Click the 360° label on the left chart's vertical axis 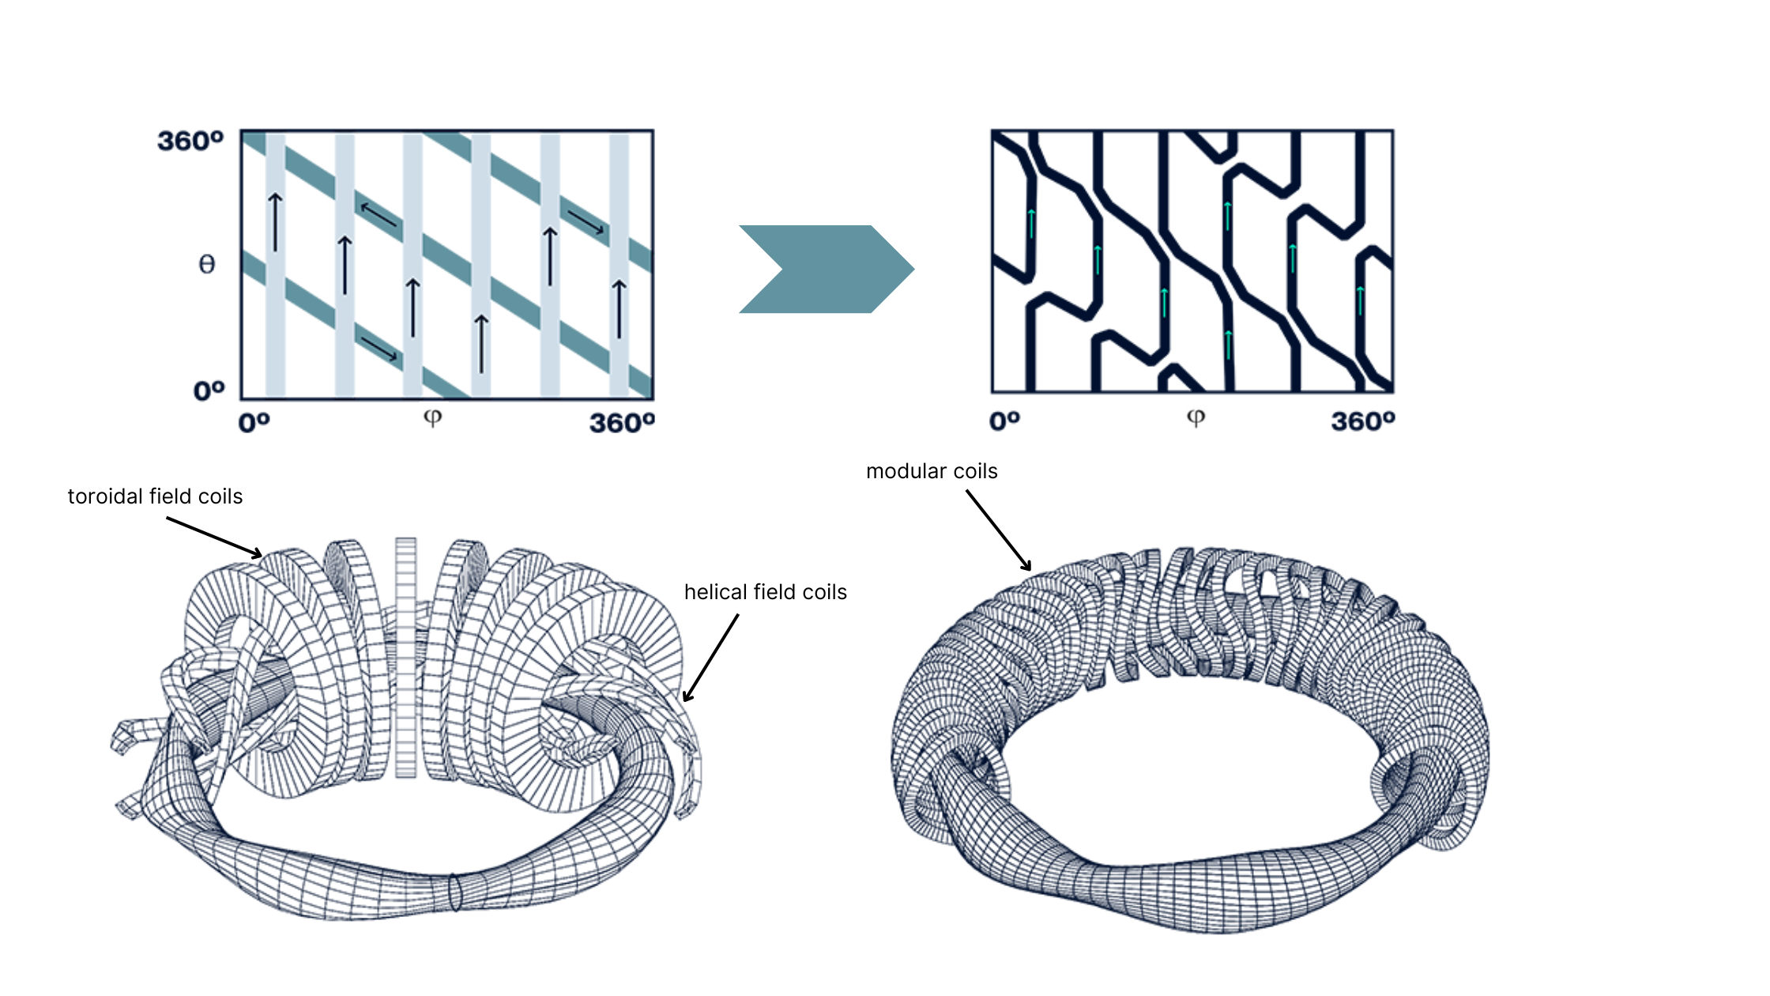[x=190, y=141]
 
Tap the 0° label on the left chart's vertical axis [x=209, y=390]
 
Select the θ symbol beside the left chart [x=206, y=264]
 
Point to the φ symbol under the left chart [x=432, y=417]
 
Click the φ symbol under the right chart [x=1196, y=417]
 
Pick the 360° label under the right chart [x=1363, y=421]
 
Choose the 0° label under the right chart [x=1004, y=421]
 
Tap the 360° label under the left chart [x=622, y=423]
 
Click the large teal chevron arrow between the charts [x=827, y=269]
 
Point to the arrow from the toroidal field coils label [x=214, y=538]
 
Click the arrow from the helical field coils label [x=710, y=658]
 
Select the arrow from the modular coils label [x=999, y=530]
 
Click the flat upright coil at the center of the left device [x=405, y=658]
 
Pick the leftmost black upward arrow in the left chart [x=275, y=222]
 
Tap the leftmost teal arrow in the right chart [x=1031, y=224]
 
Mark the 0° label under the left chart [x=254, y=423]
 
